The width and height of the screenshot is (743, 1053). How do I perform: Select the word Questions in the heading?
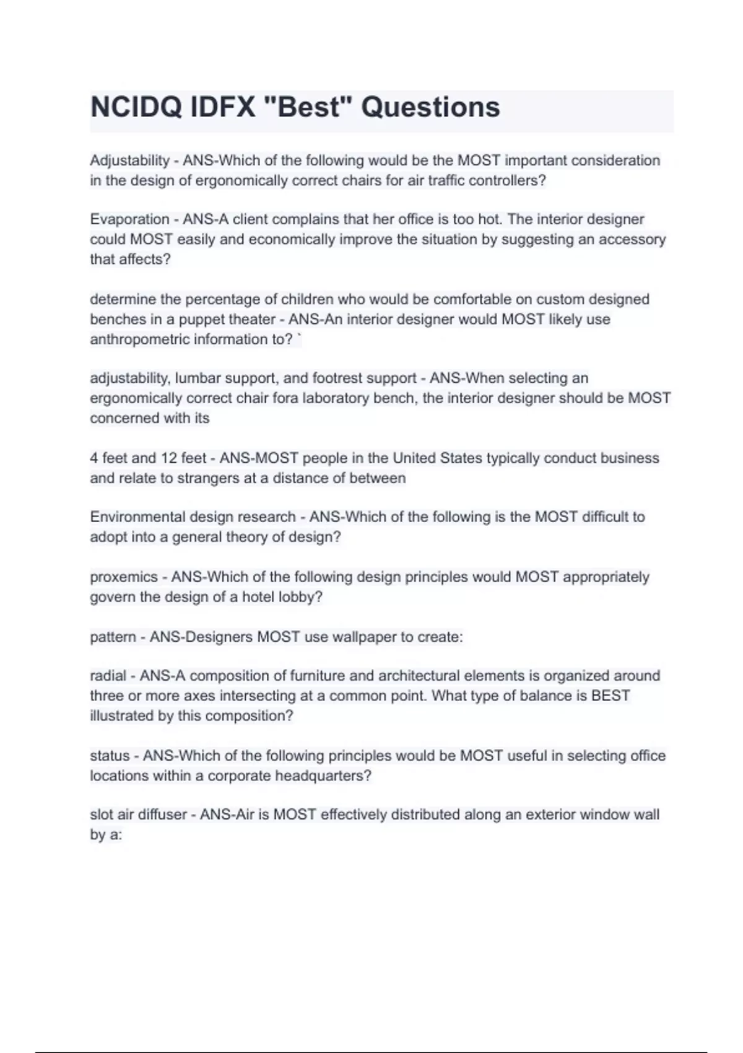pos(430,107)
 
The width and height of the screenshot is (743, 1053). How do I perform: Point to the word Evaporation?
pos(129,219)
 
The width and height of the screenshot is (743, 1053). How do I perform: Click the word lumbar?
pos(198,378)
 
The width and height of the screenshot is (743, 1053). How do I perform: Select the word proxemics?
pos(124,577)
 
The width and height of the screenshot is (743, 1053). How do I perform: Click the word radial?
pos(108,676)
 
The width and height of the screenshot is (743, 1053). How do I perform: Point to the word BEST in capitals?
pos(610,696)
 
